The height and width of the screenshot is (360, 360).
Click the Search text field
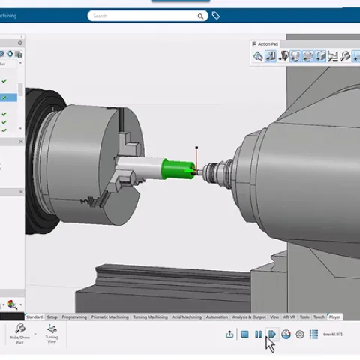coord(142,16)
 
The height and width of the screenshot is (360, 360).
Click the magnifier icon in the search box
coord(201,16)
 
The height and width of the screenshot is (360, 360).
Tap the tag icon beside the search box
coord(216,16)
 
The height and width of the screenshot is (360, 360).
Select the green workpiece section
coord(177,166)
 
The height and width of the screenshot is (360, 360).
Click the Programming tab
coord(74,317)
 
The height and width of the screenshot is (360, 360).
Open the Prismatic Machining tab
coord(109,317)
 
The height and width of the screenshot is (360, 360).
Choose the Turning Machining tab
coord(150,317)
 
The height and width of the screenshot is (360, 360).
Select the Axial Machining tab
coord(187,317)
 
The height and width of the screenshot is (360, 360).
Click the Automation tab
coord(217,317)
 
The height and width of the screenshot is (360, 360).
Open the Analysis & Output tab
coord(249,317)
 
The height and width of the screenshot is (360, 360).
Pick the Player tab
coord(334,317)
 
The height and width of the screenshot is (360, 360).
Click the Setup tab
coord(52,317)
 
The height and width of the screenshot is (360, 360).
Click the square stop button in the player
coord(244,334)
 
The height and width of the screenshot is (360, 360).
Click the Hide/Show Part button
coord(20,334)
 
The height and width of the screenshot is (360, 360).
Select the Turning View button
coord(52,334)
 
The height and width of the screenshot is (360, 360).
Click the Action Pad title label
coord(268,44)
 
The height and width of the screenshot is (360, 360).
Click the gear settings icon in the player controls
coord(300,334)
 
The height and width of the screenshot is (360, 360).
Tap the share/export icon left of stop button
coord(229,334)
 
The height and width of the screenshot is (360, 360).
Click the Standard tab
coord(35,317)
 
